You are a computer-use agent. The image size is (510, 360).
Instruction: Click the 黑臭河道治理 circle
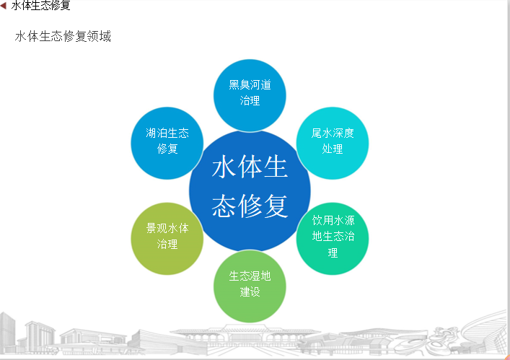point(250,96)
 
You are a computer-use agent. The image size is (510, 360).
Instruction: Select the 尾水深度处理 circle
point(333,143)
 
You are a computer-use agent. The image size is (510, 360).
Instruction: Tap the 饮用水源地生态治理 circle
point(333,239)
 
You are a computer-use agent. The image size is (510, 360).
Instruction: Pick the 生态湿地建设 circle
point(250,286)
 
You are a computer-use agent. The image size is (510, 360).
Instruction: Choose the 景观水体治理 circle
point(167,239)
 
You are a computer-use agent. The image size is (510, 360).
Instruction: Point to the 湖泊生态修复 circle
point(167,143)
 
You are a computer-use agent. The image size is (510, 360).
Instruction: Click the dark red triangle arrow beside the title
point(4,5)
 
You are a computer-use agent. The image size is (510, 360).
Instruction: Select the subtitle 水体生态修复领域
point(63,36)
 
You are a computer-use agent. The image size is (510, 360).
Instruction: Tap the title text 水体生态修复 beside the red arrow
point(41,5)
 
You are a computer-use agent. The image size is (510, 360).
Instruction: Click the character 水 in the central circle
point(224,167)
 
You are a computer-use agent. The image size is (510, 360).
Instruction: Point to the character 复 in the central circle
point(276,206)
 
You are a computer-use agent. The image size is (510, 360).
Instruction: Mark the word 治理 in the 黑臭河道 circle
point(250,100)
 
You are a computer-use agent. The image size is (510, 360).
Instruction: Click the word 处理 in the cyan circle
point(333,149)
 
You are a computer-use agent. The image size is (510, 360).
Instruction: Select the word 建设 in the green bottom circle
point(250,291)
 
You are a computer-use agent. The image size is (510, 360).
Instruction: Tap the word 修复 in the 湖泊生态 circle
point(167,149)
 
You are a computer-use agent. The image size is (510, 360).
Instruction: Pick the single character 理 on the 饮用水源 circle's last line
point(333,253)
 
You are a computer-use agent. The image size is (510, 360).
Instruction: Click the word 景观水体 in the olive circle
point(167,228)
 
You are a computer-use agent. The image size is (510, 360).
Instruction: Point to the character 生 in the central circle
point(276,167)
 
